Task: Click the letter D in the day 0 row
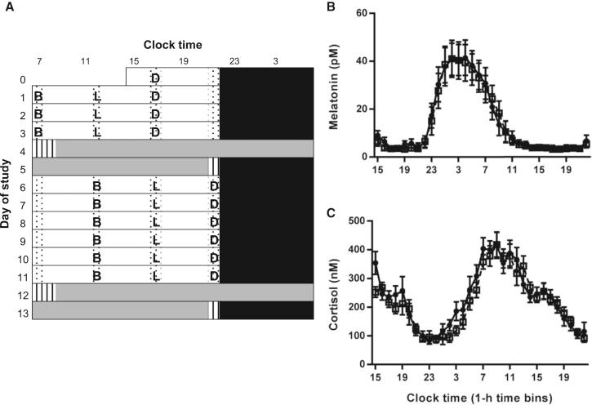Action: click(x=155, y=77)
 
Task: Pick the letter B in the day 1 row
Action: click(x=38, y=96)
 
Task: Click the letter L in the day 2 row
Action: click(x=96, y=113)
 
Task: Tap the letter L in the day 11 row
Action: click(x=155, y=275)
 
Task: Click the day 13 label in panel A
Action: click(x=22, y=312)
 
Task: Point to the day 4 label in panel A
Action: click(x=24, y=149)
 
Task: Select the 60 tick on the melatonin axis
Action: click(x=358, y=14)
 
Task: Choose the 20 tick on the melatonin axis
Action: click(x=358, y=109)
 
